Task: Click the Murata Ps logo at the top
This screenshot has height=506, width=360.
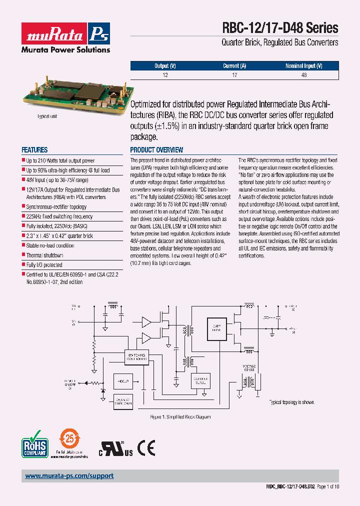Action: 65,34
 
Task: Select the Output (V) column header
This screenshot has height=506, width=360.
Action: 165,66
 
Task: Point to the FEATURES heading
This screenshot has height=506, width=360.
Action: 34,150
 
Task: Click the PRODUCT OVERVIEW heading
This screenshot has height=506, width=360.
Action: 156,150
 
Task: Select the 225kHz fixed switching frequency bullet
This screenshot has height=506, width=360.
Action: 59,216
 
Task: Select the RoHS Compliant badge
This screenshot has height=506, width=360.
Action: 34,443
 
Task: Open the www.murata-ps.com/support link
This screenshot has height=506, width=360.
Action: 69,476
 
